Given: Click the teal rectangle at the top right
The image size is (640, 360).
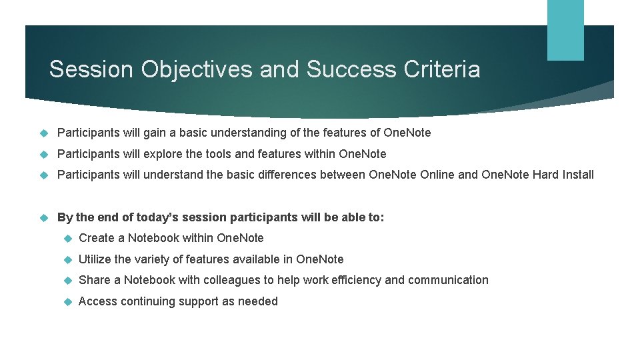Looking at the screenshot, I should pos(565,30).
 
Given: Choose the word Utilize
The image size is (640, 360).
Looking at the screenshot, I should pos(95,259).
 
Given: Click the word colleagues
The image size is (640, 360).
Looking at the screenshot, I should pos(232,280).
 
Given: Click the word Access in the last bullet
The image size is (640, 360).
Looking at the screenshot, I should pos(97,301).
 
